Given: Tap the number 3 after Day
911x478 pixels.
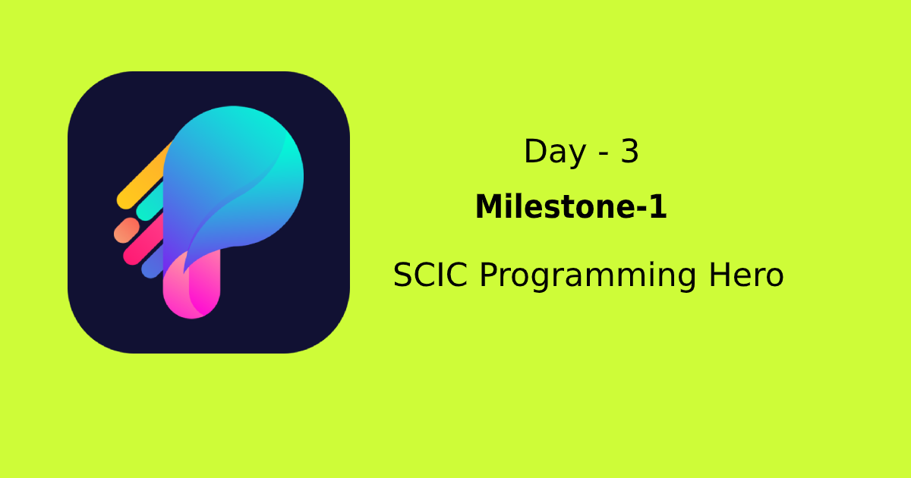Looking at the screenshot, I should coord(629,152).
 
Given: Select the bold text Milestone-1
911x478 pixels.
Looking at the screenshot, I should coord(571,207).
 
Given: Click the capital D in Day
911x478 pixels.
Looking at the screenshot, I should coord(534,153).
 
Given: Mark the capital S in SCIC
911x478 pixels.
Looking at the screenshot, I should coord(403,275).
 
